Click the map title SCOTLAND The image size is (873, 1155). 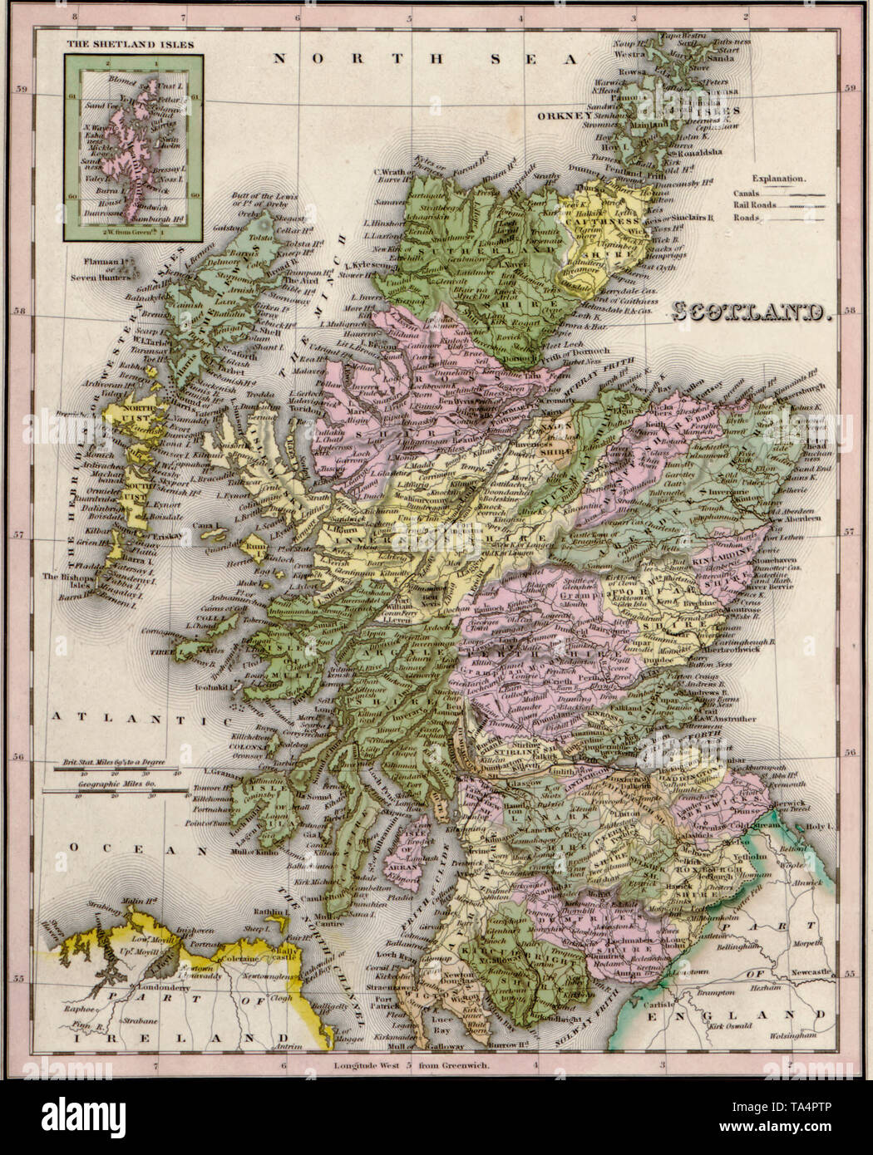[x=751, y=313]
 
